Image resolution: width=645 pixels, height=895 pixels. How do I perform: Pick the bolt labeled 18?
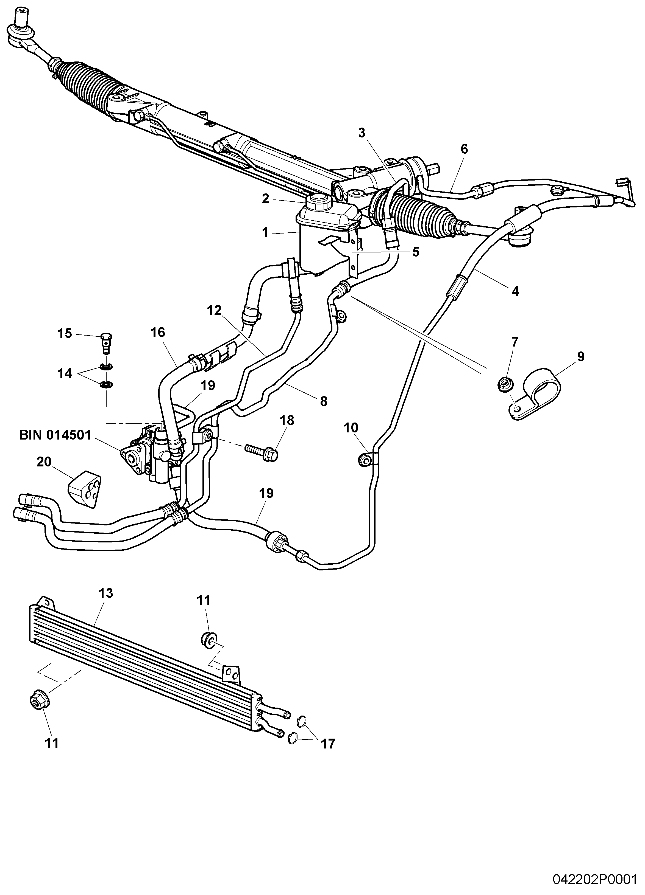262,451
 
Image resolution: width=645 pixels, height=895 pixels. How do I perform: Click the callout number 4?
515,291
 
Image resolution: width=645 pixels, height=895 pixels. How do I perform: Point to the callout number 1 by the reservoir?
265,232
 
